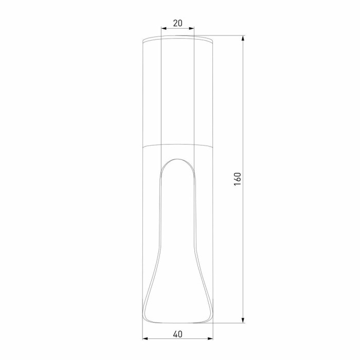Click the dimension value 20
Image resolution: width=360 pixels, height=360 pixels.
click(178, 23)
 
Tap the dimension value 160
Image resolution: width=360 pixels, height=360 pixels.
click(238, 179)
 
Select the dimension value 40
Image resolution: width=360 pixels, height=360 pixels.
click(178, 334)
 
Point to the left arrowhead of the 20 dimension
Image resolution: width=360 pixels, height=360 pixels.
click(163, 29)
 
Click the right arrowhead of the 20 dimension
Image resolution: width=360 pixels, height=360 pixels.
click(192, 29)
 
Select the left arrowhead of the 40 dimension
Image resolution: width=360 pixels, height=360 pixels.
click(145, 339)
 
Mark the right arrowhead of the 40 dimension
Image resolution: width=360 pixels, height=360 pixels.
click(211, 339)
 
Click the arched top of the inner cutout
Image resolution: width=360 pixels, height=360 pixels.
click(178, 159)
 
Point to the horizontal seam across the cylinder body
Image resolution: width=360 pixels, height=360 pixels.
click(178, 145)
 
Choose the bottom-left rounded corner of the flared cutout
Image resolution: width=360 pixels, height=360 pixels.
click(146, 319)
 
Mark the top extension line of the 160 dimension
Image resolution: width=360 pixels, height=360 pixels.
click(226, 35)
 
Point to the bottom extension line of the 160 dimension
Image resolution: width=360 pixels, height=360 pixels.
click(226, 323)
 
